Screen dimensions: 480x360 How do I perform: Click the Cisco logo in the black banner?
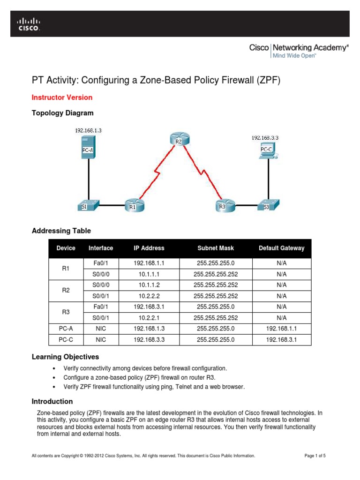29,24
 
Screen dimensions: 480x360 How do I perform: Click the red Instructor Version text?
62,97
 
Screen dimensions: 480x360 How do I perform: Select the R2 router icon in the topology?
178,139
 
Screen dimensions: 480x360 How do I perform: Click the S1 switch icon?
89,205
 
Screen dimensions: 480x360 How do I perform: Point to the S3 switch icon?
269,205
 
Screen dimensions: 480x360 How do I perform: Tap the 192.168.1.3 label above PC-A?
88,131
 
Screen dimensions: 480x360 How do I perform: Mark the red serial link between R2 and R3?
201,171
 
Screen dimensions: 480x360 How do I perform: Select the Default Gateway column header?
281,248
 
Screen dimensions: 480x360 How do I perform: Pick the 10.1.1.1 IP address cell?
149,274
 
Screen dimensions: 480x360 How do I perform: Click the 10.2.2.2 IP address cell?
149,296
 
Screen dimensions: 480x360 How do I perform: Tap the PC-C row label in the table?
66,339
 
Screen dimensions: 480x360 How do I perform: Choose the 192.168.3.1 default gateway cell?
281,339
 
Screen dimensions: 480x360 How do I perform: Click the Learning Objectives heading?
65,357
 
